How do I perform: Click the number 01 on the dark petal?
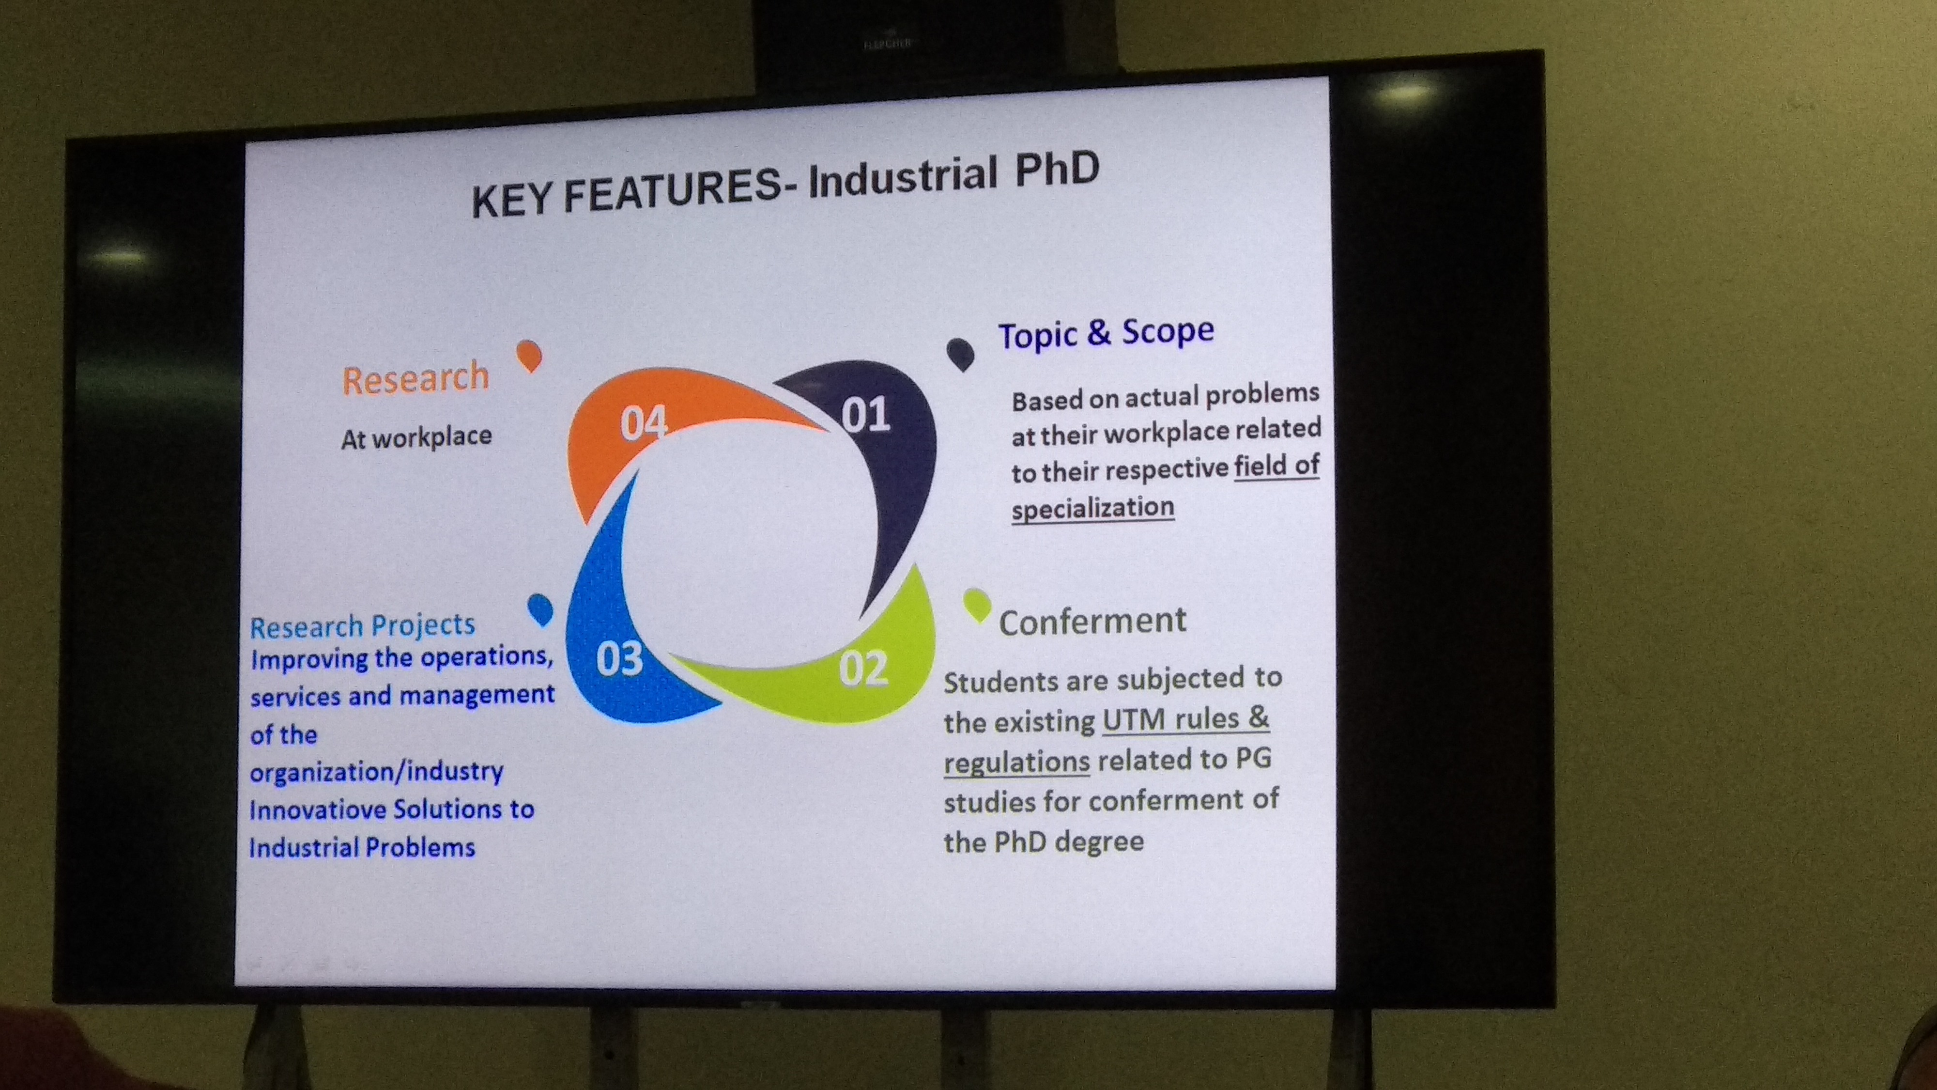865,415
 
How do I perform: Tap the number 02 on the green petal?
863,668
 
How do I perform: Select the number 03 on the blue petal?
620,658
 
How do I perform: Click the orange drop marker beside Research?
529,355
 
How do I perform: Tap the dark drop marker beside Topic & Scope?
960,354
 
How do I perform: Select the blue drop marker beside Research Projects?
540,609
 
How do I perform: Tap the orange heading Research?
416,378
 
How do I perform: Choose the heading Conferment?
1092,622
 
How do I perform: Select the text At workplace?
416,437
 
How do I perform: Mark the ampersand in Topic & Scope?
1099,332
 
